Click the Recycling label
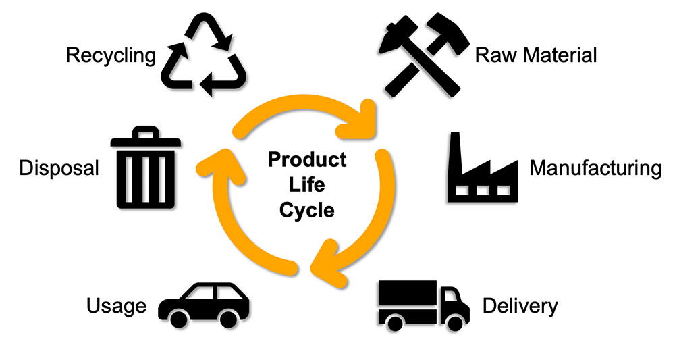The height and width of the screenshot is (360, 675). click(111, 55)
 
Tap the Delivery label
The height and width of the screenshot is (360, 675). click(520, 306)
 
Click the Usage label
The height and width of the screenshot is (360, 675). click(116, 306)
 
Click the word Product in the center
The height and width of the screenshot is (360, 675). click(307, 160)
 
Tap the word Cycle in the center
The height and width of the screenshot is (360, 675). click(307, 210)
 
